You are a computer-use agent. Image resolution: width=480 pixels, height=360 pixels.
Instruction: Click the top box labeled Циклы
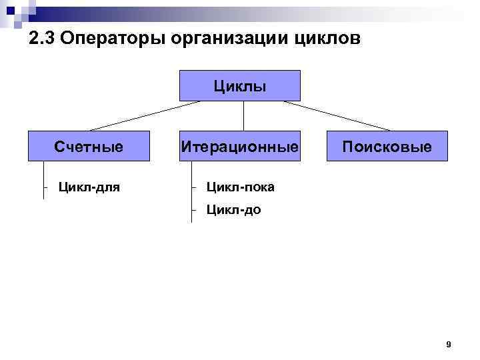[240, 86]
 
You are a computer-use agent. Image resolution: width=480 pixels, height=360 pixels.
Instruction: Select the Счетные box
[89, 146]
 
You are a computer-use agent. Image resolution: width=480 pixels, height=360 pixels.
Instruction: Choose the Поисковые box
[387, 146]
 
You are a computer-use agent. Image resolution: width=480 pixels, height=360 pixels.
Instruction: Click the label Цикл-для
[89, 187]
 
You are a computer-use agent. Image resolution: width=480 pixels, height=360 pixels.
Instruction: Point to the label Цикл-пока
[240, 187]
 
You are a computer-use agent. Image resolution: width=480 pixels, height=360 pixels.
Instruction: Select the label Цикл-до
[233, 211]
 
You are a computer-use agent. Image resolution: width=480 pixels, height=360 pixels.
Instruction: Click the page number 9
[448, 345]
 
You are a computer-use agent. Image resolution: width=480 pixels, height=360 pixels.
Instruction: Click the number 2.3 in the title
[42, 39]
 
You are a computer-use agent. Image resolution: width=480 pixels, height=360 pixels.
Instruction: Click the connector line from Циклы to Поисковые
[337, 116]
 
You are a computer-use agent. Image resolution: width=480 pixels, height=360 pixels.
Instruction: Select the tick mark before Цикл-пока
[193, 187]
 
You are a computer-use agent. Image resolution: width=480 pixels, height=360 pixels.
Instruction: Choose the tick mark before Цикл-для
[45, 187]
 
